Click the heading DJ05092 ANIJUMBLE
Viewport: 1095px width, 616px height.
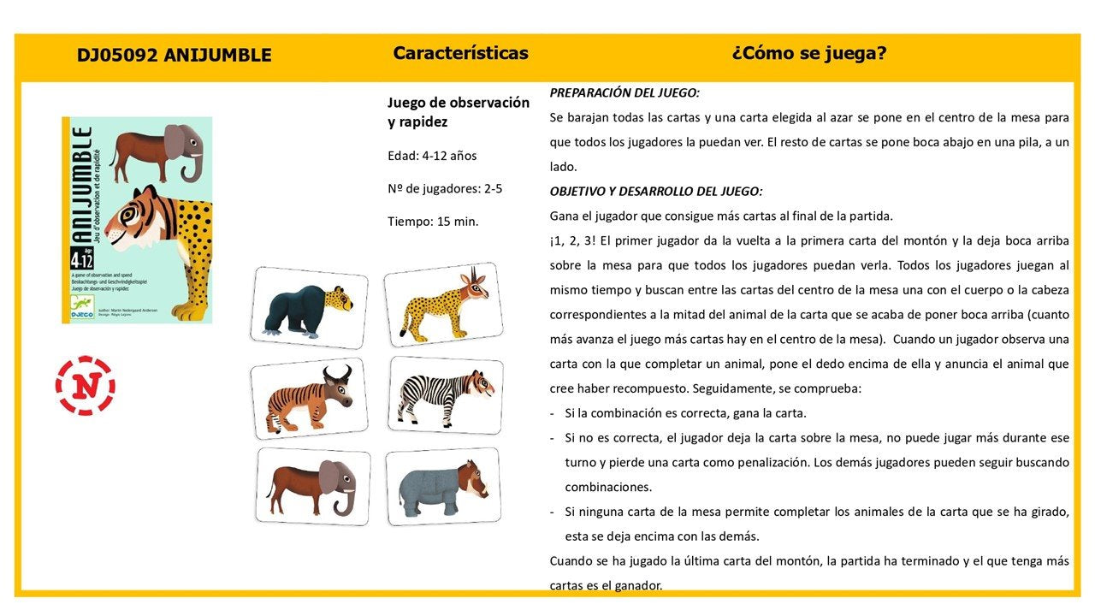[174, 56]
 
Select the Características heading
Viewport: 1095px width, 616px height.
[460, 53]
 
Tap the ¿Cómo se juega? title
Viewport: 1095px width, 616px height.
[808, 53]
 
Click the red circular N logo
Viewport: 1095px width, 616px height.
[85, 386]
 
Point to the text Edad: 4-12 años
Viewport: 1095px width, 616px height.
[432, 156]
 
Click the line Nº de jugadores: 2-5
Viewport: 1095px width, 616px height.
[445, 188]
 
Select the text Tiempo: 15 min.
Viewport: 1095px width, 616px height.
[433, 222]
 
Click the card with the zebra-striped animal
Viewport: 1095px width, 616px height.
[446, 394]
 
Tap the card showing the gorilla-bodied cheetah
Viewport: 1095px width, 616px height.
[311, 306]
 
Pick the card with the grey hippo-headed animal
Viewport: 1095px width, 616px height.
[442, 485]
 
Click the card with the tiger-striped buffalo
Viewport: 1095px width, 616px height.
[309, 398]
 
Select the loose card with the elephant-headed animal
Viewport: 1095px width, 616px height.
[313, 485]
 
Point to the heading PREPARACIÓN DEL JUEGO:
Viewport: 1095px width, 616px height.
[624, 92]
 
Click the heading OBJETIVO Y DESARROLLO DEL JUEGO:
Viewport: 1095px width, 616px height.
[655, 191]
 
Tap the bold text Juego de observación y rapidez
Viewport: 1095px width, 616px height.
[459, 112]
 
